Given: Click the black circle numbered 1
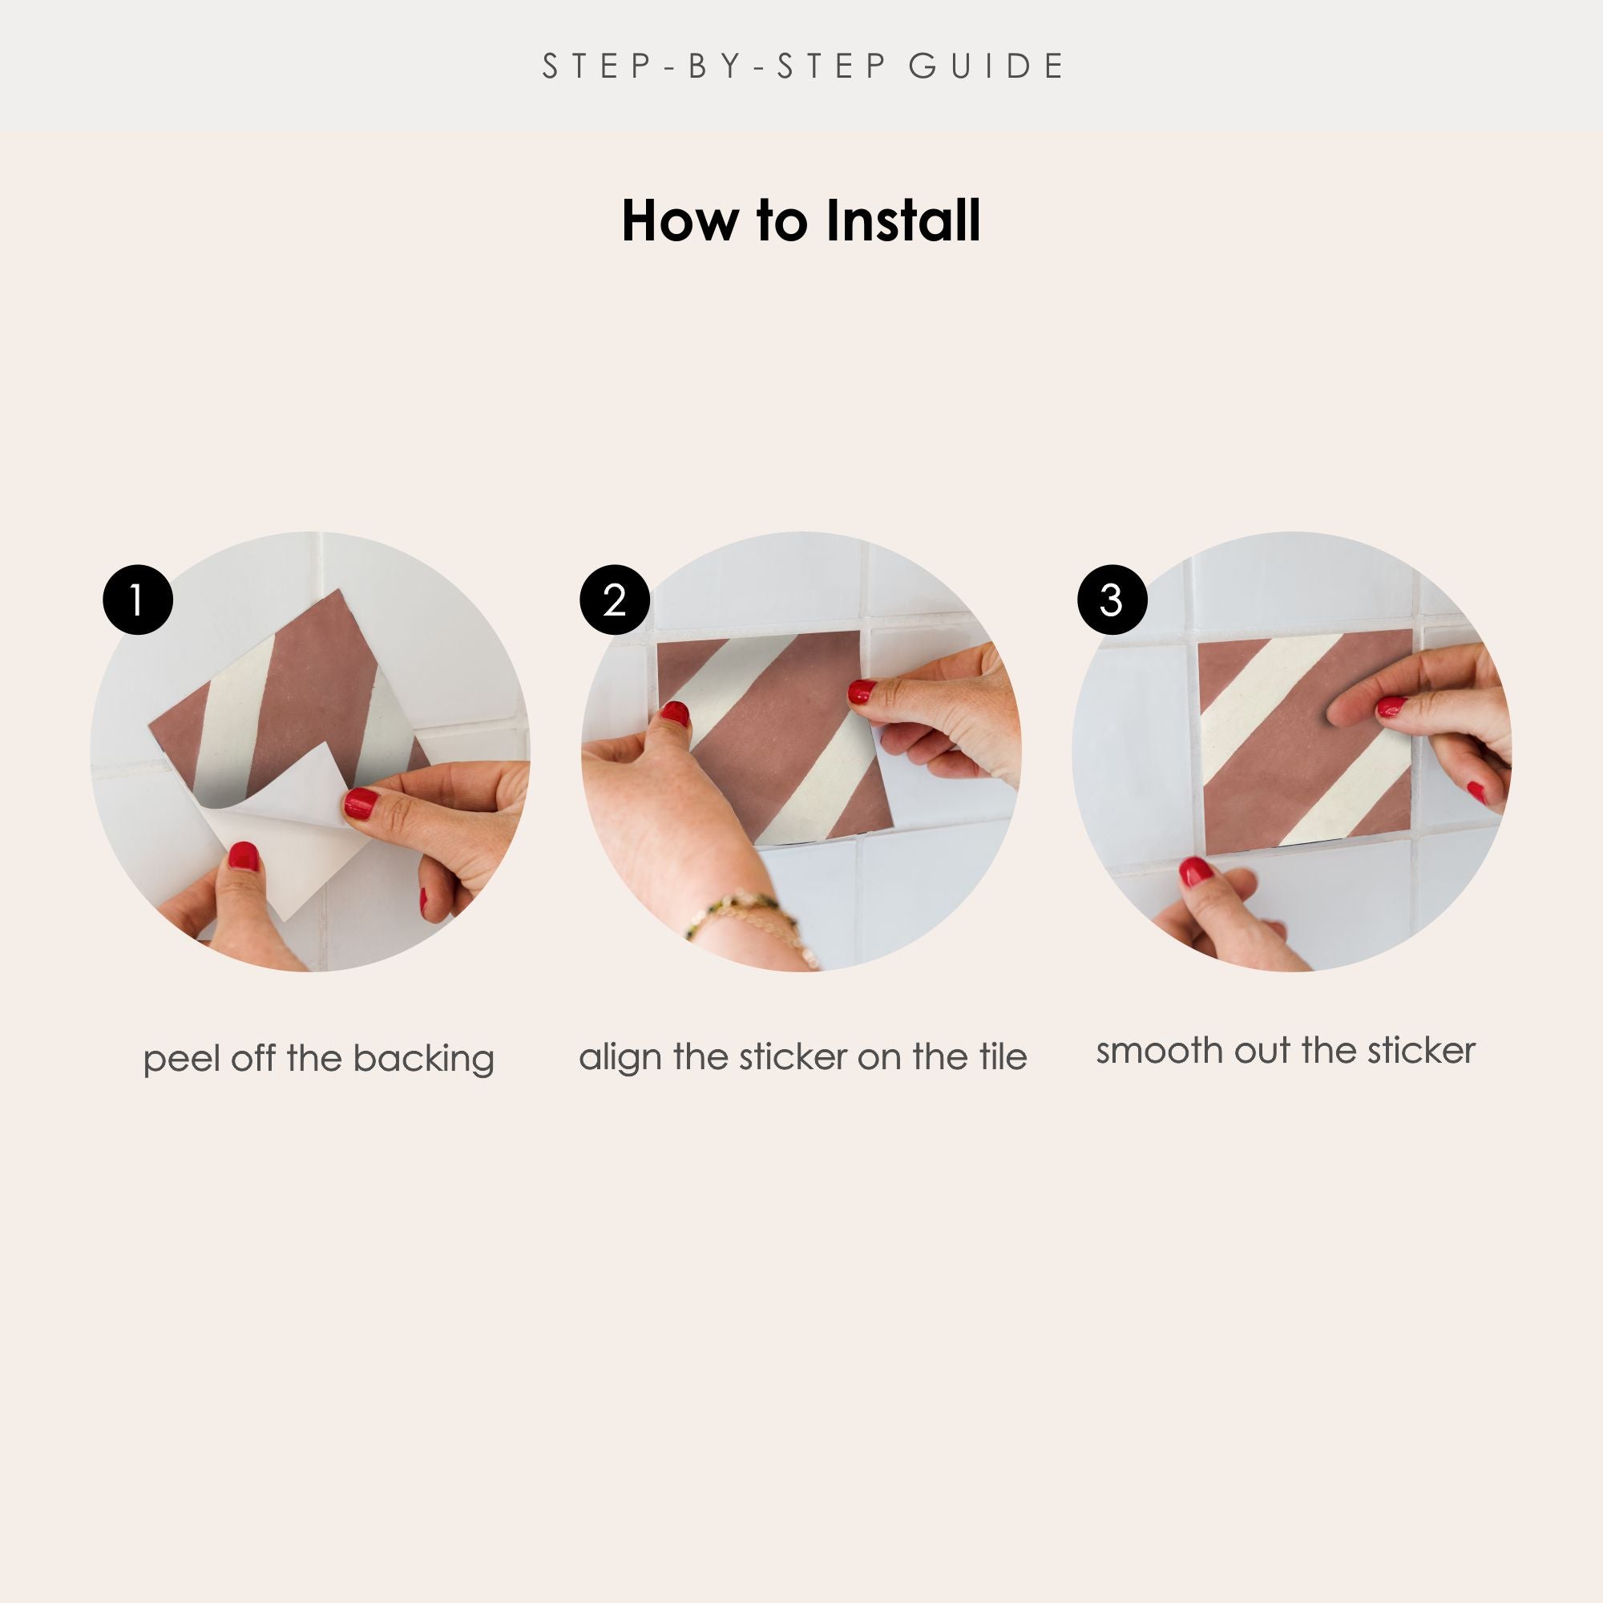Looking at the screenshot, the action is point(138,600).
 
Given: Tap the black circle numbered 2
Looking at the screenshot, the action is point(614,600).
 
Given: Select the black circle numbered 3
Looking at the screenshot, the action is point(1112,600).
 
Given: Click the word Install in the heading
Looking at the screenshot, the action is point(902,221).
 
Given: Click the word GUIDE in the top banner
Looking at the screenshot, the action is point(986,67).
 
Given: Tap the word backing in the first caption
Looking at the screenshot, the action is point(423,1060).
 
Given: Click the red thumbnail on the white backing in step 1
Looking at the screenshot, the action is point(243,855).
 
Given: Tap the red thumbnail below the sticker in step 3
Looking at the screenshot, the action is point(1196,872).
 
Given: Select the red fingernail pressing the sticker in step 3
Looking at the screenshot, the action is point(1391,707).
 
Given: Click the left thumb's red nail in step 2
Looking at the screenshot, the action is point(675,713).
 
